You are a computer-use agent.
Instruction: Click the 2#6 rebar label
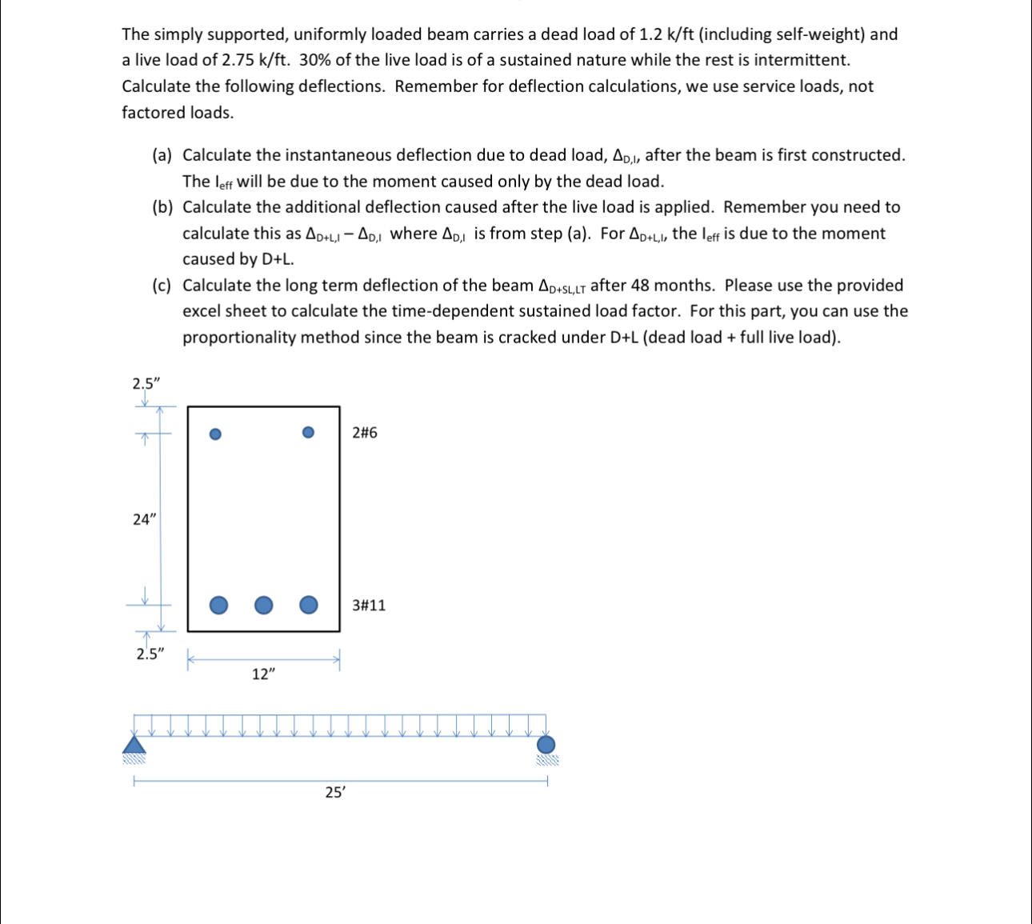coord(365,433)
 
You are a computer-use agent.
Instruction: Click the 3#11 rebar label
coord(369,605)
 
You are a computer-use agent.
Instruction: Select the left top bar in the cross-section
coord(214,434)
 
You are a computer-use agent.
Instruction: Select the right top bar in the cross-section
coord(309,433)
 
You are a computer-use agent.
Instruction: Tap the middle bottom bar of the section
coord(263,605)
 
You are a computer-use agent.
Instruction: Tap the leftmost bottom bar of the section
coord(218,605)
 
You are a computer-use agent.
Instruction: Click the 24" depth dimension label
coord(143,519)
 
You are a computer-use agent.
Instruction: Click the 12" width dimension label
coord(263,674)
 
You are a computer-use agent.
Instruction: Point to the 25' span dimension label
coord(335,793)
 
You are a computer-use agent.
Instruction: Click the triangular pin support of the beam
coord(134,745)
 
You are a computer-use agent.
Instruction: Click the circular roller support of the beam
coord(546,745)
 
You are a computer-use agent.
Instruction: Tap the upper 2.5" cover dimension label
coord(146,383)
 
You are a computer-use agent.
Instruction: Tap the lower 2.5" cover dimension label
coord(150,654)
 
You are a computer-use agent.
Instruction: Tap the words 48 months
coord(672,286)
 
